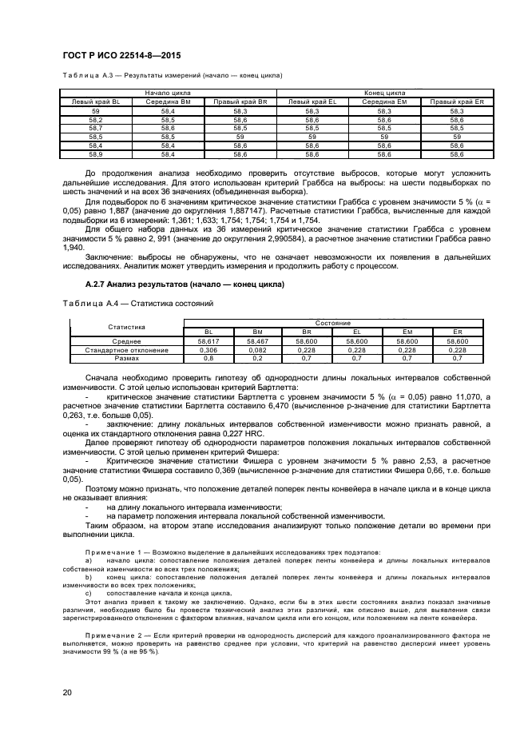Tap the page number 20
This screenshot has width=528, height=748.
click(x=66, y=692)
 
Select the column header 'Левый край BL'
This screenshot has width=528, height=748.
click(x=96, y=102)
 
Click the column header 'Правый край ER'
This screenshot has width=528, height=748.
click(x=457, y=102)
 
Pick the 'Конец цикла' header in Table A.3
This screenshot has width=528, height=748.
click(x=384, y=93)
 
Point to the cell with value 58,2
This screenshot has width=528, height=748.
click(x=96, y=119)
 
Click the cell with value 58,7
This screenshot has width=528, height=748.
click(x=96, y=128)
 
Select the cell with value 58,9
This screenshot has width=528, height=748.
click(x=96, y=154)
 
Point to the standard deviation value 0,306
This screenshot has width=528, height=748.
click(x=208, y=350)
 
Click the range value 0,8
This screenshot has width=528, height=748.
click(x=208, y=359)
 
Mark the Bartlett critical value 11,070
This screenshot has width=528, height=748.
click(x=470, y=396)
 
